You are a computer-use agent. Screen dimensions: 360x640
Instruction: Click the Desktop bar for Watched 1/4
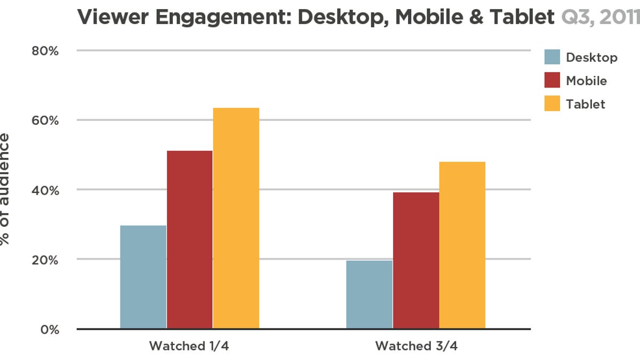click(x=143, y=277)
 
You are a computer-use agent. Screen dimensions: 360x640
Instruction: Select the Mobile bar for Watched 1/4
click(x=189, y=239)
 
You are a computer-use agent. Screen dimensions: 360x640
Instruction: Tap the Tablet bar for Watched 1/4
click(x=236, y=218)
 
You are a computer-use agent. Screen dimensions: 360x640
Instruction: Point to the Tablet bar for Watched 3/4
click(x=462, y=245)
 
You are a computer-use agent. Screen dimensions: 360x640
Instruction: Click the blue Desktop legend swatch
click(x=552, y=57)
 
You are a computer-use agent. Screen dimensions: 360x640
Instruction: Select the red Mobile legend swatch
click(x=552, y=81)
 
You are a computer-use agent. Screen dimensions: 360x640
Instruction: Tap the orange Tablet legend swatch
click(x=552, y=103)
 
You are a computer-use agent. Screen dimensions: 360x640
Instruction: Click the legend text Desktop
click(x=591, y=58)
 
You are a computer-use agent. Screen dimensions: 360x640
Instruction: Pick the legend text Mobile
click(x=586, y=81)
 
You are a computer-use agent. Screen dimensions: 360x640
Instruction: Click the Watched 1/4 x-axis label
click(x=190, y=346)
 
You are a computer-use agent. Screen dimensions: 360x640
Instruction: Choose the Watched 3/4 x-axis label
click(x=416, y=346)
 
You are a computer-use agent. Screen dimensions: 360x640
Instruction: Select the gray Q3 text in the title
click(x=575, y=18)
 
